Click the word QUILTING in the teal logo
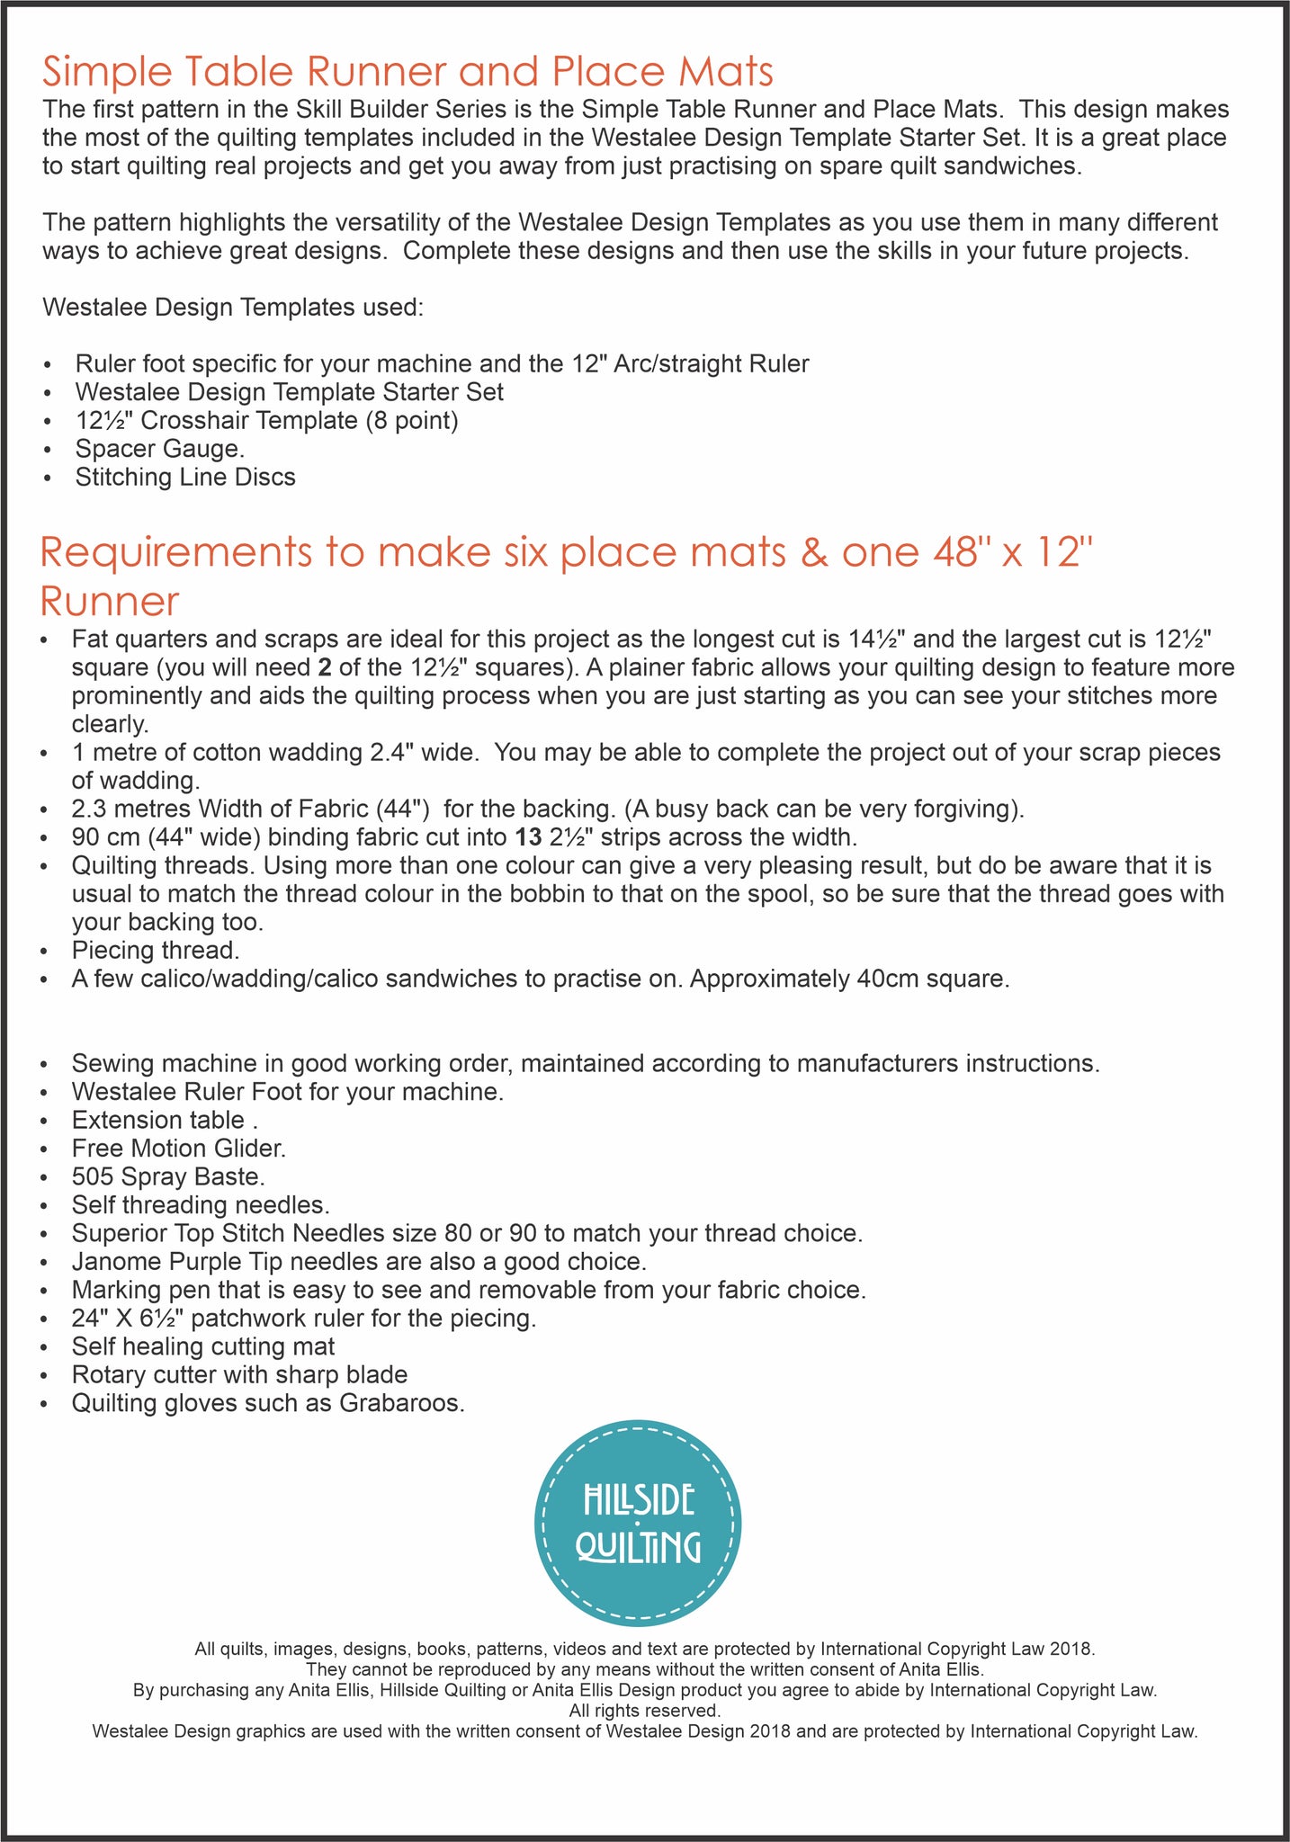click(x=638, y=1548)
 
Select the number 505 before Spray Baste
click(x=94, y=1176)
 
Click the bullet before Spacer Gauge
click(x=48, y=449)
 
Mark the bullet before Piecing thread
click(x=48, y=951)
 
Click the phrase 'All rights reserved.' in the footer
click(x=645, y=1710)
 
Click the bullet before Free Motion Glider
click(x=48, y=1149)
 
